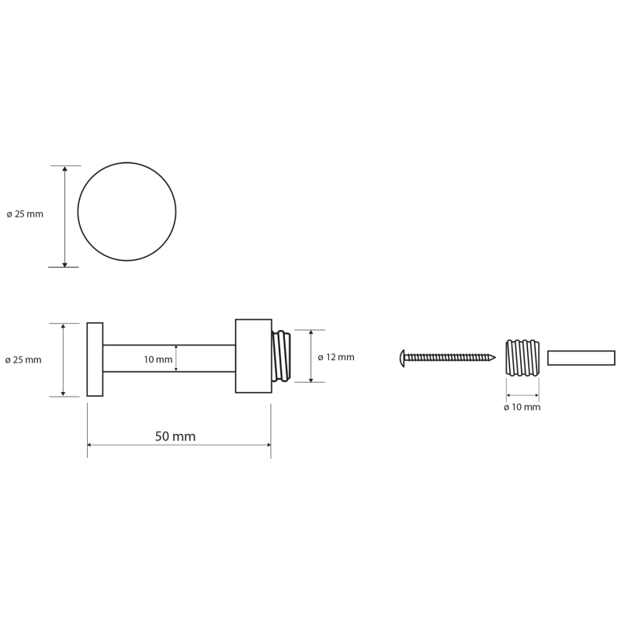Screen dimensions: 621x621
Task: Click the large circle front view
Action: [x=127, y=211]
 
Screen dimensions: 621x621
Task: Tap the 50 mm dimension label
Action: [x=175, y=436]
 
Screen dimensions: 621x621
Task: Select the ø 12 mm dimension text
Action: [x=336, y=357]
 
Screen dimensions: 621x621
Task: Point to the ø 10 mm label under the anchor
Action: [x=522, y=407]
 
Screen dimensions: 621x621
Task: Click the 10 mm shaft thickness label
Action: [x=158, y=359]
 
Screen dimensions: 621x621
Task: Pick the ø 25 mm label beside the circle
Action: [x=25, y=213]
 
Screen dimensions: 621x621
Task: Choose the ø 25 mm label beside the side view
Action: [x=23, y=359]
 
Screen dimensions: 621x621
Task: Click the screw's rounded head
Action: [x=402, y=357]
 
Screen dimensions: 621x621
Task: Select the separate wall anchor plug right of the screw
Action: [x=522, y=358]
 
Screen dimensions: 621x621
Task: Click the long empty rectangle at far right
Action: [x=581, y=358]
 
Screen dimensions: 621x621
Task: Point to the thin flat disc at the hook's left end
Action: [x=95, y=359]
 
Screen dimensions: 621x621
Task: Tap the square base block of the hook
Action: [x=253, y=356]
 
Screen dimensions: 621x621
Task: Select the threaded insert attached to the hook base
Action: [x=281, y=356]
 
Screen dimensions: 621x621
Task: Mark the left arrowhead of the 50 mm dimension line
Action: [x=90, y=445]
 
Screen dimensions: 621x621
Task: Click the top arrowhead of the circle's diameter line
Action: [x=64, y=168]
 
